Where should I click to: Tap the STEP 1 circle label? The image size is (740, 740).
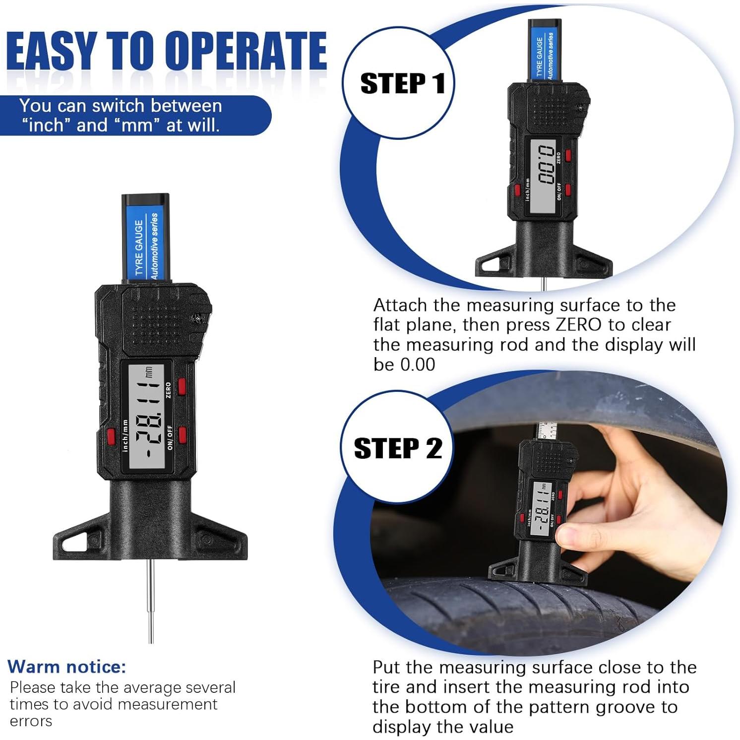point(402,83)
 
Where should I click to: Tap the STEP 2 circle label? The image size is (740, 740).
point(397,448)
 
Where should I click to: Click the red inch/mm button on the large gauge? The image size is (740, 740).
point(110,436)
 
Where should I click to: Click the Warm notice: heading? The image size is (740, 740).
point(66,667)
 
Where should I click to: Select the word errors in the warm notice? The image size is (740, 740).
point(31,721)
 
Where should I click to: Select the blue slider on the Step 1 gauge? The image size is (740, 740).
point(544,51)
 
